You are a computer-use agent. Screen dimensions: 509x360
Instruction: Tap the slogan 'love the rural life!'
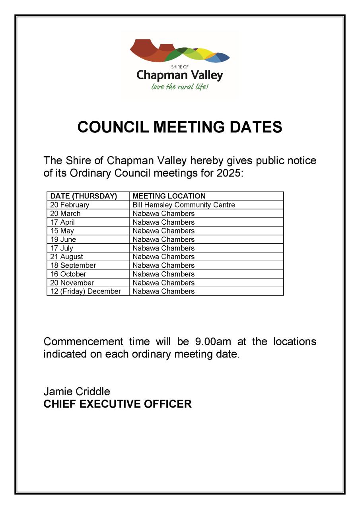click(x=180, y=86)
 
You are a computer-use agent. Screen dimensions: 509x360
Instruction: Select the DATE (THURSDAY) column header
click(x=84, y=196)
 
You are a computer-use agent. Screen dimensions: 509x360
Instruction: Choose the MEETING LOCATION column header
click(x=169, y=196)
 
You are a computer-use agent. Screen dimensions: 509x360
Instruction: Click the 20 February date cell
click(x=70, y=205)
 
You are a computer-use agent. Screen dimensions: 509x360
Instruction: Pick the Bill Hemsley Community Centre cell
click(x=184, y=205)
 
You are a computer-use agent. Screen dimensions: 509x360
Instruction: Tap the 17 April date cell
click(x=62, y=222)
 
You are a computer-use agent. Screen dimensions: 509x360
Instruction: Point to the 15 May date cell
click(x=62, y=231)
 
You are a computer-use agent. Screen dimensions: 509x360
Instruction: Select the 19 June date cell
click(x=63, y=239)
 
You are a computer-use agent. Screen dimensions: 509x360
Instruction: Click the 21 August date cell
click(x=66, y=257)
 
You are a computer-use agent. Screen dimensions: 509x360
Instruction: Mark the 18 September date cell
click(x=73, y=265)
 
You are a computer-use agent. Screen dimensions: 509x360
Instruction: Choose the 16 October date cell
click(x=68, y=274)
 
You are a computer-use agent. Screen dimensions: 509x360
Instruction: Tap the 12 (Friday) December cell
click(x=86, y=291)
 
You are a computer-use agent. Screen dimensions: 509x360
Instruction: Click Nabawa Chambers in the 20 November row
click(x=163, y=283)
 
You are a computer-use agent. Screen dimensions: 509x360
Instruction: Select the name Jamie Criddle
click(x=77, y=392)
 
